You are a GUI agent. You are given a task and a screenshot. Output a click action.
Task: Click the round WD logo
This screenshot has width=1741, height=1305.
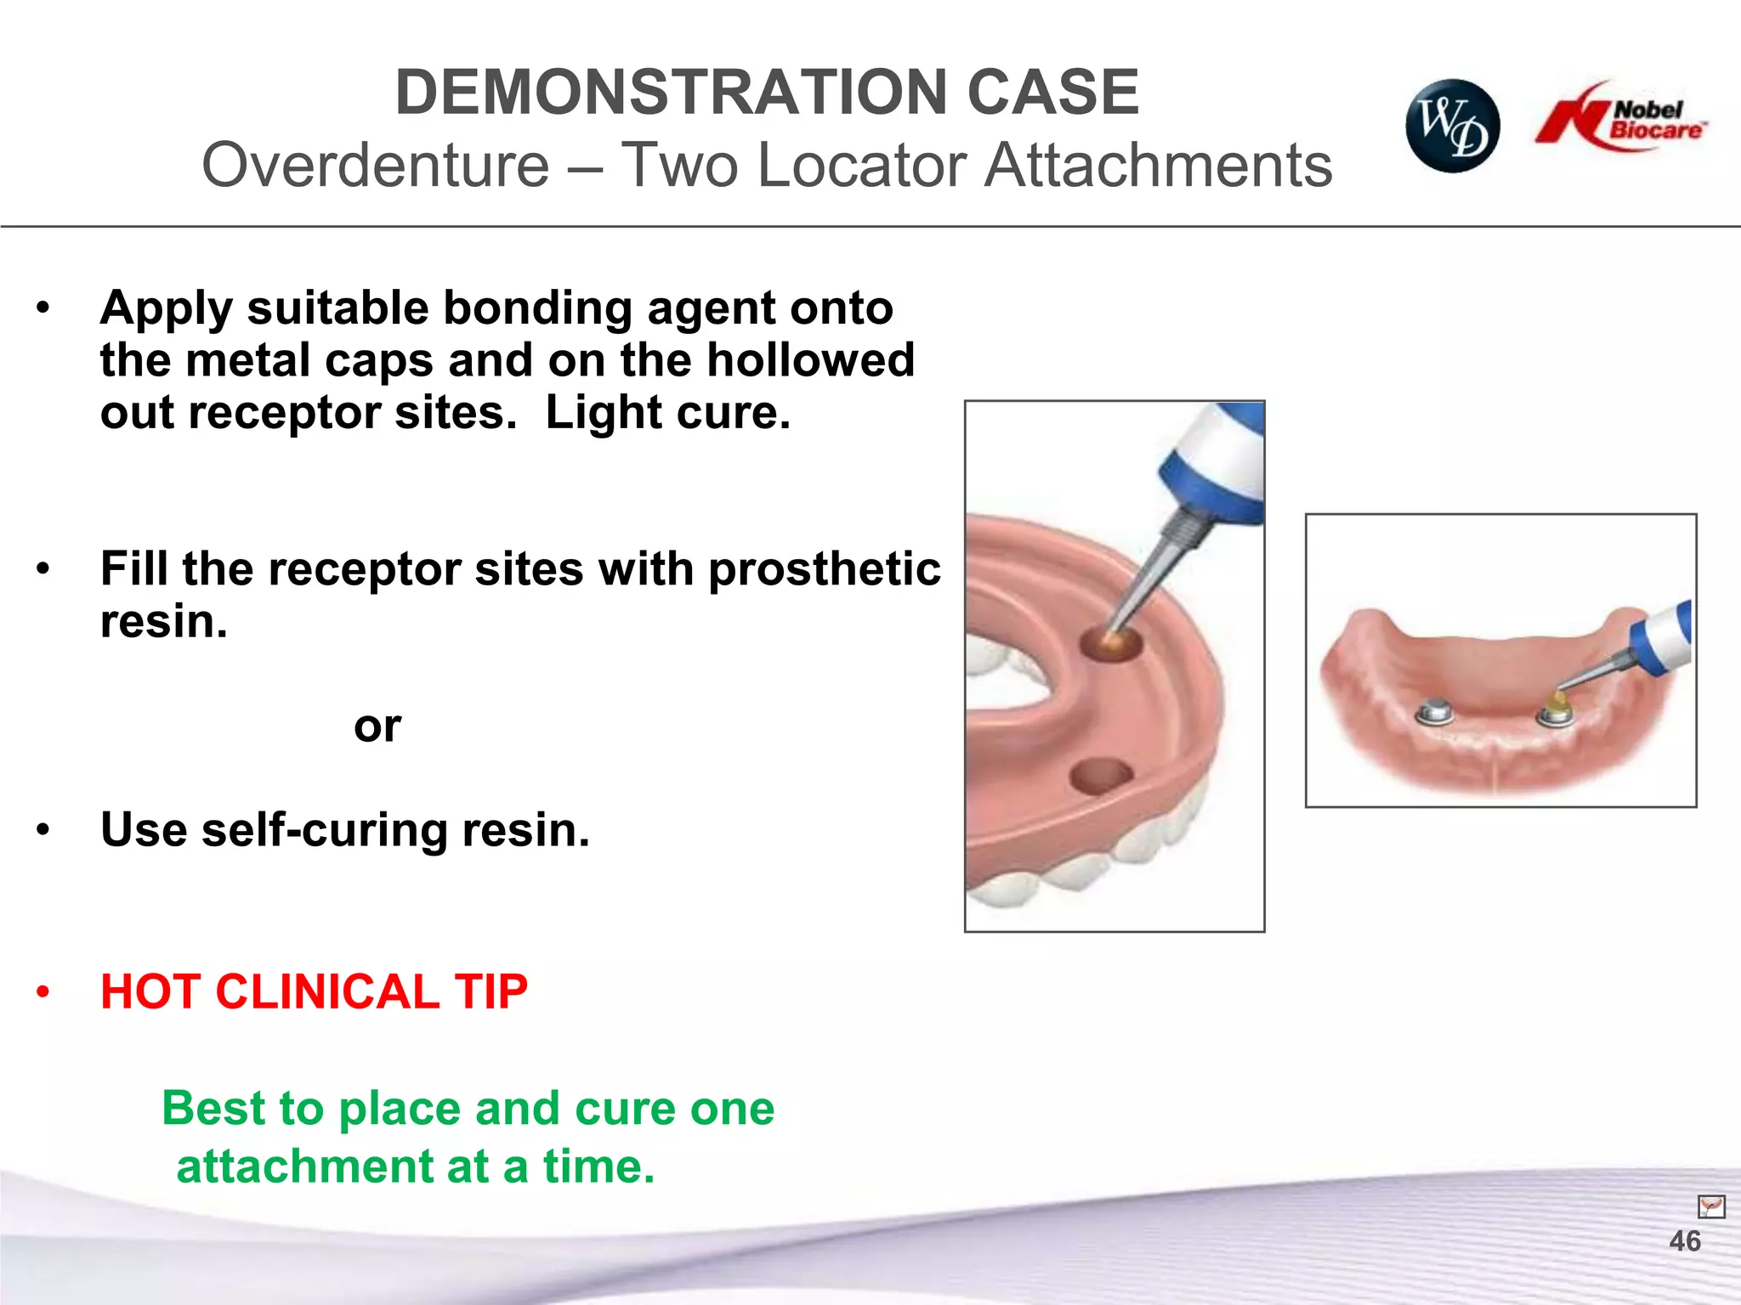click(x=1452, y=126)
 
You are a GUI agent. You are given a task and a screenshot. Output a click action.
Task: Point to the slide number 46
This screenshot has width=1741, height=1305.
click(x=1684, y=1241)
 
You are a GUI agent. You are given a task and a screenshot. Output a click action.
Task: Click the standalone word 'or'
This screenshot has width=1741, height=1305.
click(x=377, y=726)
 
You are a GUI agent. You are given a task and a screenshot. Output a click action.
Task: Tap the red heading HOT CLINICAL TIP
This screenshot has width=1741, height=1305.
click(x=314, y=991)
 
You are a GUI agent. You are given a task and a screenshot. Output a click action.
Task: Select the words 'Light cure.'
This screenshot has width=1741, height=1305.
click(x=667, y=414)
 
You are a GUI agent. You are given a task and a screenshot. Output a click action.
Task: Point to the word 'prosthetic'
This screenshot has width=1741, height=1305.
click(x=824, y=569)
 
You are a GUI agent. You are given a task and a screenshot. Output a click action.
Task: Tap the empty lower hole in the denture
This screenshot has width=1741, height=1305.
click(x=1100, y=775)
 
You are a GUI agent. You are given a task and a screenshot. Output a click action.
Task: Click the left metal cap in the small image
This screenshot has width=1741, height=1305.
click(x=1435, y=712)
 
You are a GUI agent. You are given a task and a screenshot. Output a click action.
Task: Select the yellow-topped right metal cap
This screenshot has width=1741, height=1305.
click(x=1556, y=709)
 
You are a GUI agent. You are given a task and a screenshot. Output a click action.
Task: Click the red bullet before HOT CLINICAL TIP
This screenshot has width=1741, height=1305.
click(x=43, y=992)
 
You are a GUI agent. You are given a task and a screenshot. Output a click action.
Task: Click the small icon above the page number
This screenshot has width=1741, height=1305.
click(x=1710, y=1206)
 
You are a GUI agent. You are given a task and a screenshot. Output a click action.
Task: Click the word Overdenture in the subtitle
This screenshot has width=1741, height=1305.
click(x=376, y=165)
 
